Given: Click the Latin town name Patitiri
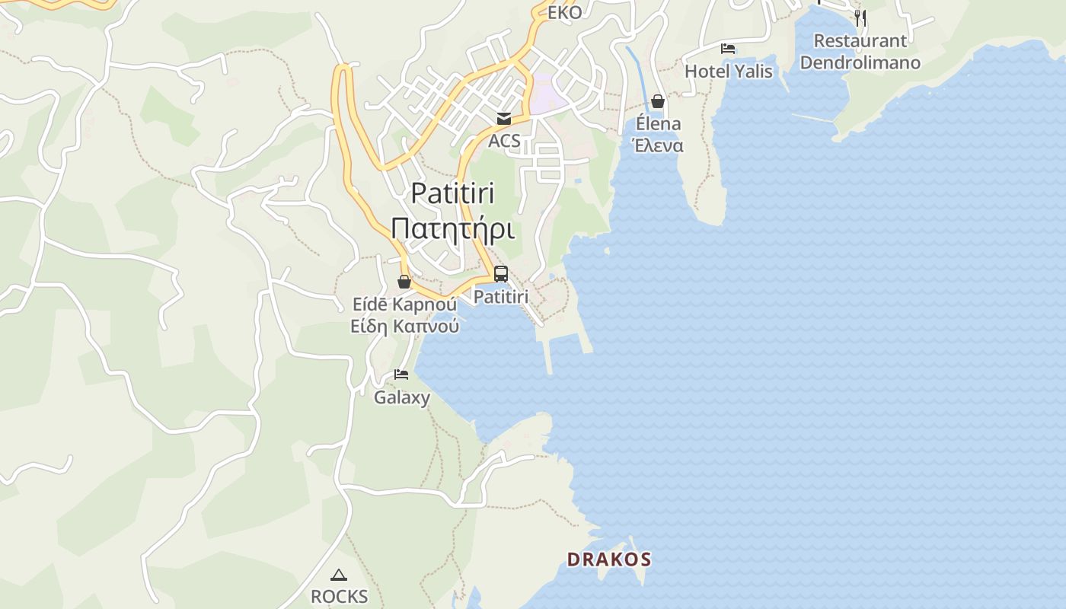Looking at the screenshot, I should tap(452, 193).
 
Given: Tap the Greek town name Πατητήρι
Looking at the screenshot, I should tap(452, 228).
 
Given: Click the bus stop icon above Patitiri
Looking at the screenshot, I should tap(501, 274).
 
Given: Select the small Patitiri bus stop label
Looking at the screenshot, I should tap(501, 297).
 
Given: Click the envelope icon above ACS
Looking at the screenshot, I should tap(504, 119).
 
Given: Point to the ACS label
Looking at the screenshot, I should tap(504, 141).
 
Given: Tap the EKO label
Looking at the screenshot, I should tap(564, 12).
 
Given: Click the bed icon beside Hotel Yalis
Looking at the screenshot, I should tap(728, 49).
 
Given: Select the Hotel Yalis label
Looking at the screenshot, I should tap(729, 72).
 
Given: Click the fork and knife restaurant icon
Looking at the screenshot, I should tap(860, 18).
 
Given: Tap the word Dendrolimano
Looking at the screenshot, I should tap(860, 62).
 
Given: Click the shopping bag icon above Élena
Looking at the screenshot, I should tap(658, 101).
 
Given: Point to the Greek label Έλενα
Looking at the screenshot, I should tap(659, 145).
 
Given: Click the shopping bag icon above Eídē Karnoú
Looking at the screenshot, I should tap(404, 282).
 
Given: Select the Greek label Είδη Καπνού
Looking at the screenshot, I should tap(404, 327).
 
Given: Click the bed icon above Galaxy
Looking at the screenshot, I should tap(401, 375).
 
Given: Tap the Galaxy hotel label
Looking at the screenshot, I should tap(401, 397).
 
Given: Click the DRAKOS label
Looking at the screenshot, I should tap(609, 560).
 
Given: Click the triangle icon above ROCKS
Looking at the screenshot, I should tap(339, 575).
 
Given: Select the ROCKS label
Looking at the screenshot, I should tap(339, 597).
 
